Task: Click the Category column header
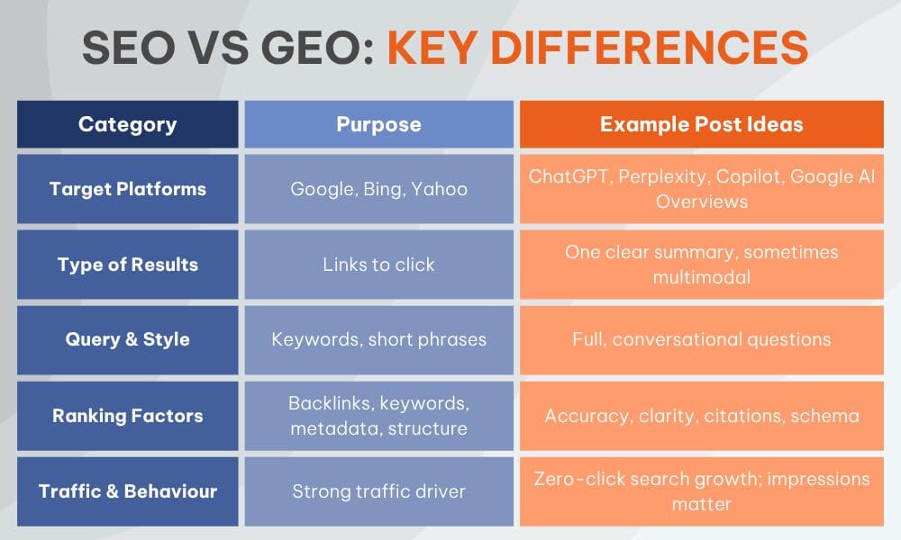tap(127, 124)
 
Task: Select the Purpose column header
tap(378, 124)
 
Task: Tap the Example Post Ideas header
tap(701, 124)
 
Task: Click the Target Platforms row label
tap(127, 189)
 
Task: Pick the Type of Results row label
tap(127, 265)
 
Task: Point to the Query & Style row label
tap(127, 340)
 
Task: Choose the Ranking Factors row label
tap(127, 416)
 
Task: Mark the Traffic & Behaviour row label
tap(127, 491)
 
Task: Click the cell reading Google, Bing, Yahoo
tap(378, 189)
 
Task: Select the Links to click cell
tap(378, 265)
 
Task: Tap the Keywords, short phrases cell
tap(378, 340)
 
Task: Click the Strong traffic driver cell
tap(378, 491)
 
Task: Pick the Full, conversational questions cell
tap(701, 340)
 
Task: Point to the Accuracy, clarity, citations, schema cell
tap(701, 416)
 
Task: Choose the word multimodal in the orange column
tap(701, 277)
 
